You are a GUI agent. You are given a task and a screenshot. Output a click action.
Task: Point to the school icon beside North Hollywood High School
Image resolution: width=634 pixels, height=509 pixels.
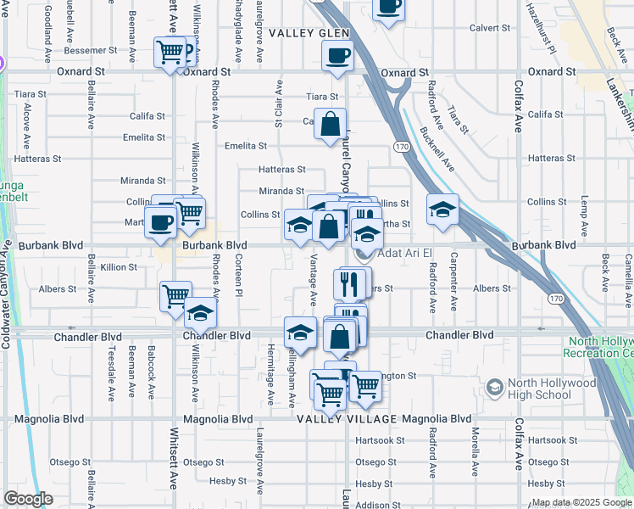point(493,388)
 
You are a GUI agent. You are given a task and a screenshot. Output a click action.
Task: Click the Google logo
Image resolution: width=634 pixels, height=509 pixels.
point(28,499)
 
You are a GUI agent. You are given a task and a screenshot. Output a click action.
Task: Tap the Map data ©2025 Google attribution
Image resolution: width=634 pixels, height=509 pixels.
point(581,502)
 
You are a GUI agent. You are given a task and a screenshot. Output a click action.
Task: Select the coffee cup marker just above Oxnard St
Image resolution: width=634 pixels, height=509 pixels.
point(337,57)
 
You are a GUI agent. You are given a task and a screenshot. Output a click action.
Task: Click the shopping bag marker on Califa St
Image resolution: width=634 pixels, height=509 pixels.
point(330,125)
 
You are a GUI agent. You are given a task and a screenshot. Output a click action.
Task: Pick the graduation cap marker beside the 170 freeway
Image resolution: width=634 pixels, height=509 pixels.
point(442,210)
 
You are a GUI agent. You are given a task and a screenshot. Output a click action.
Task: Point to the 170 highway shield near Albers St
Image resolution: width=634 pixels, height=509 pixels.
point(554,299)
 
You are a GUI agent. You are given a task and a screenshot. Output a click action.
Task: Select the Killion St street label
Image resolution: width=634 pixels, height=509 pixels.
point(119,267)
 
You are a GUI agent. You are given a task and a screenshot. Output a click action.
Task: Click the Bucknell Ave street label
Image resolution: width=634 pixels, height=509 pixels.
point(437,149)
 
